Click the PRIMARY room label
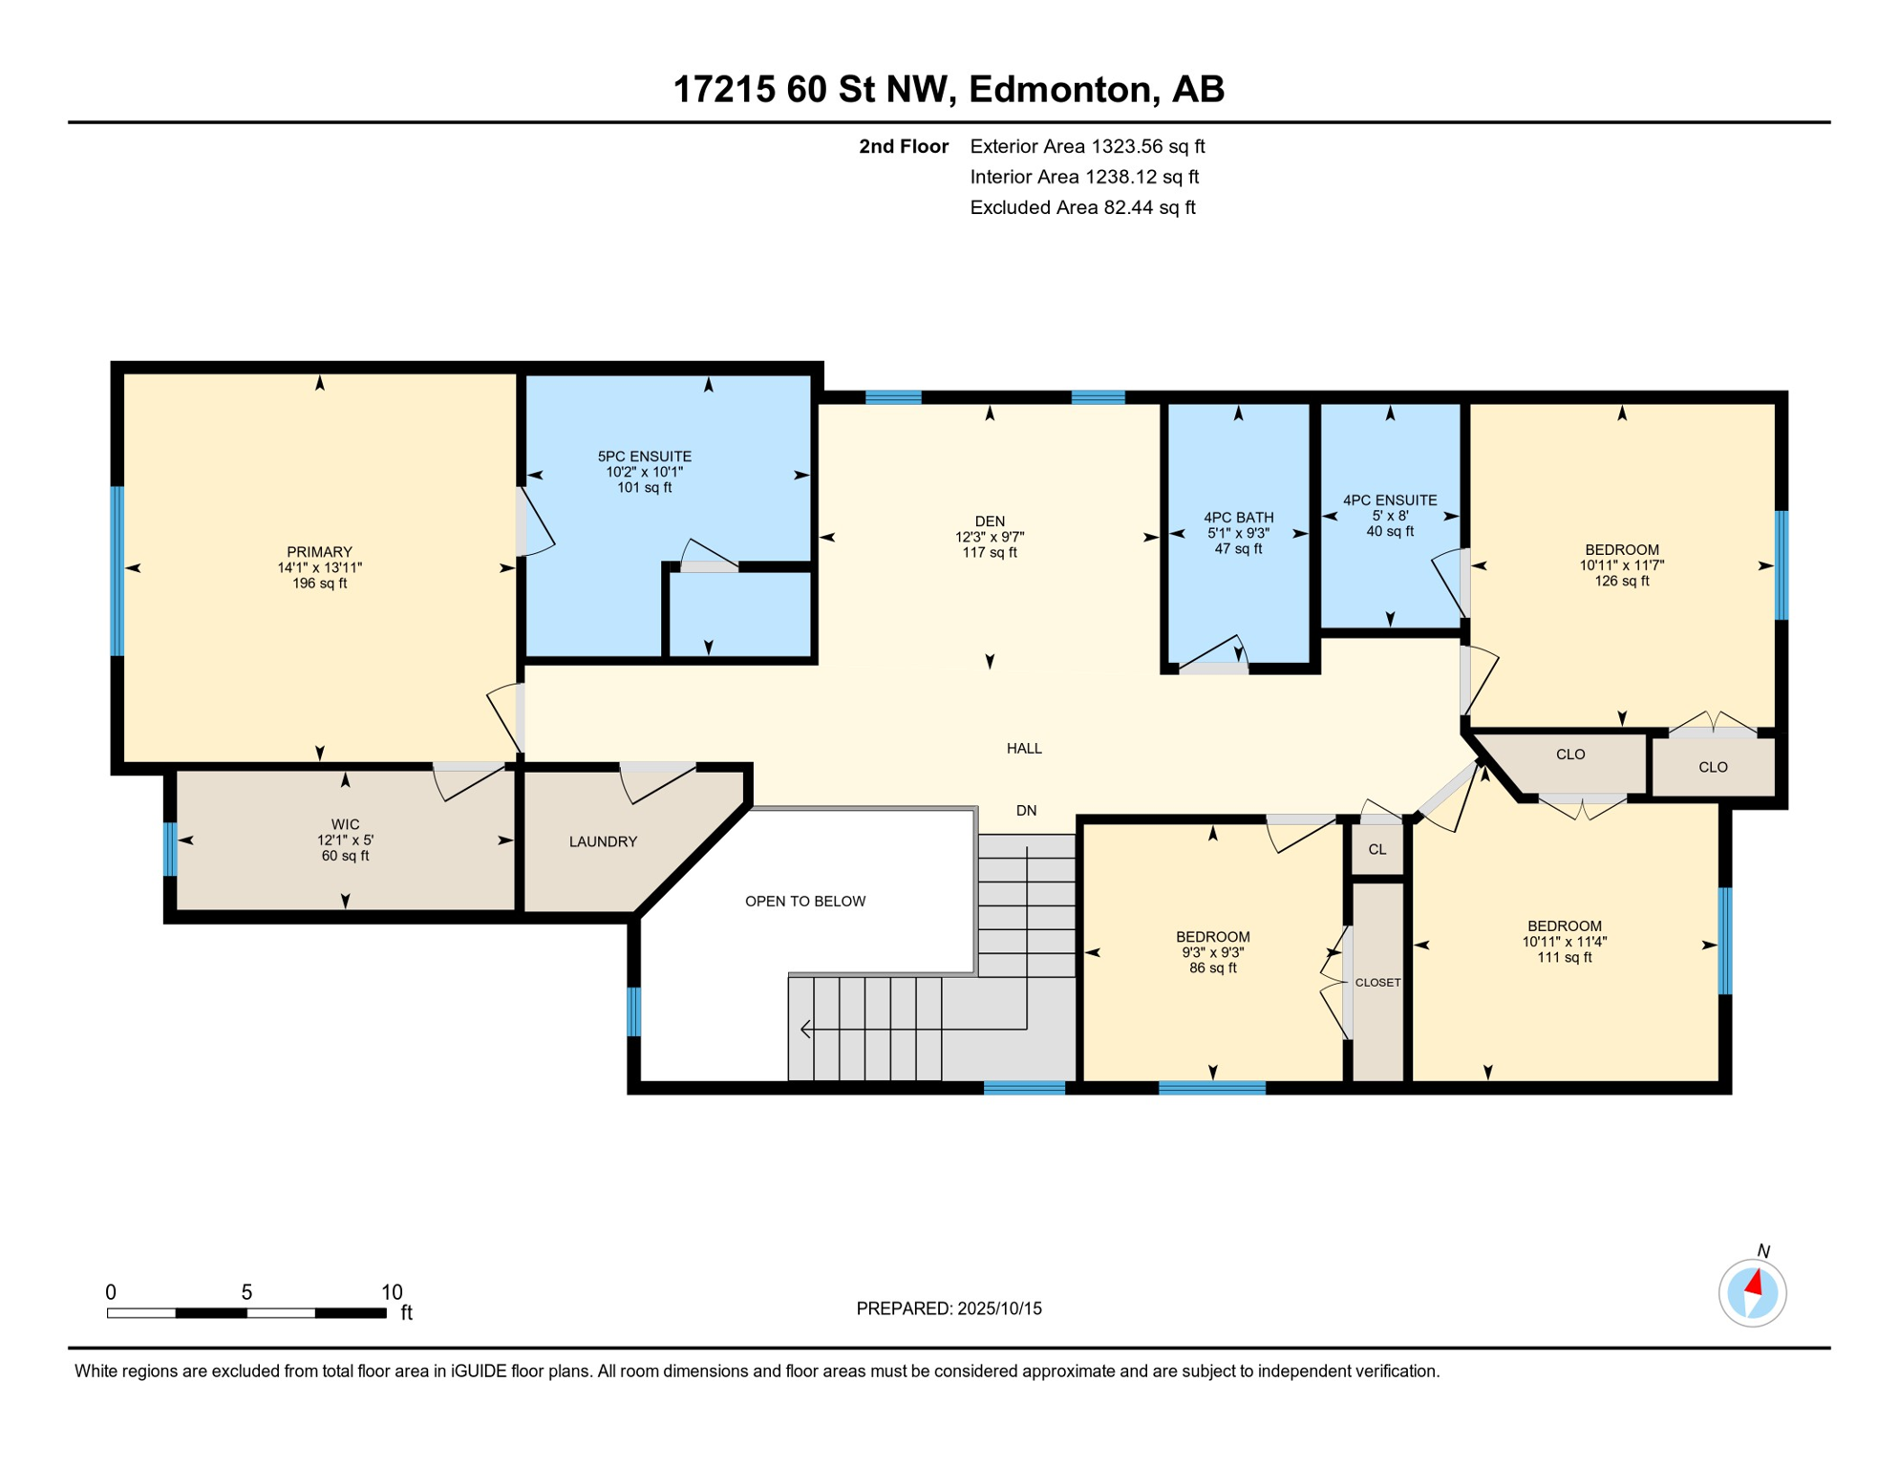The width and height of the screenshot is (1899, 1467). click(319, 552)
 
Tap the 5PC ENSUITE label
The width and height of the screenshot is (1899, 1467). click(644, 457)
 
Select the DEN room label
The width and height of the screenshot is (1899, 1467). click(990, 521)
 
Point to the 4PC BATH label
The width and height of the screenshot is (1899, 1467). click(1238, 518)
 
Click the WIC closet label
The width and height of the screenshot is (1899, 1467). click(345, 824)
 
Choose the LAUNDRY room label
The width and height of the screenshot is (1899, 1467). click(603, 841)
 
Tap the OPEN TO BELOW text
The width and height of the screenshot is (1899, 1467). click(804, 901)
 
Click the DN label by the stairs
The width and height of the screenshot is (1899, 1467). click(1026, 810)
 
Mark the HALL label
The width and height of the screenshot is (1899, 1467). click(1024, 748)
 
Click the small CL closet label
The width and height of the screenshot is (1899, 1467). click(1376, 849)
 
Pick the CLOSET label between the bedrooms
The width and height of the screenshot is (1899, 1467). click(1377, 982)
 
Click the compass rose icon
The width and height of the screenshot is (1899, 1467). click(1752, 1293)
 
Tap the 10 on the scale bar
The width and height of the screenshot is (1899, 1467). click(392, 1292)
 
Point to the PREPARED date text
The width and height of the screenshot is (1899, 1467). click(949, 1308)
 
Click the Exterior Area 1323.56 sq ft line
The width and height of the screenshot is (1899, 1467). click(1086, 146)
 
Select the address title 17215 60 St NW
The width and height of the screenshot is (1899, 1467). click(949, 89)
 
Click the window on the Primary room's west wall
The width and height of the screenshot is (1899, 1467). click(117, 570)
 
